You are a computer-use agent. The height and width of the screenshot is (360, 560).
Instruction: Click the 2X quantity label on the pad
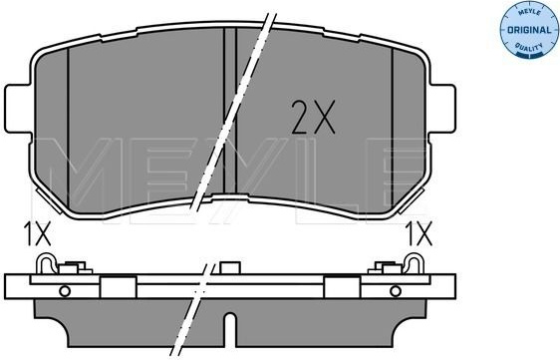[x=313, y=117]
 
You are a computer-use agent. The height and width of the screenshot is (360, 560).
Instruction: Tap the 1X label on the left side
[x=38, y=233]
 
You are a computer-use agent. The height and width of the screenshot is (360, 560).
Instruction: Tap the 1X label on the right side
[x=419, y=233]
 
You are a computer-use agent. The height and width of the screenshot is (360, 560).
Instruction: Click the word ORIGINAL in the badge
[x=529, y=30]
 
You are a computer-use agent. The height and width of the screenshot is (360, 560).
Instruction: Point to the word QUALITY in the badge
[x=529, y=47]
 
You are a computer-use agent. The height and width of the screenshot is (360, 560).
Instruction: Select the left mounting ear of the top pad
[x=18, y=109]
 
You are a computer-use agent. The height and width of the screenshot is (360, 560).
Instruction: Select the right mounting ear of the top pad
[x=442, y=109]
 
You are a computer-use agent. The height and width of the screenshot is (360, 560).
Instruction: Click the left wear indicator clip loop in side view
[x=46, y=262]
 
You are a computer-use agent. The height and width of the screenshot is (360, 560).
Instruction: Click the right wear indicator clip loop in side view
[x=415, y=262]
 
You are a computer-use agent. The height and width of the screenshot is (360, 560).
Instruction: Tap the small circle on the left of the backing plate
[x=65, y=291]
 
